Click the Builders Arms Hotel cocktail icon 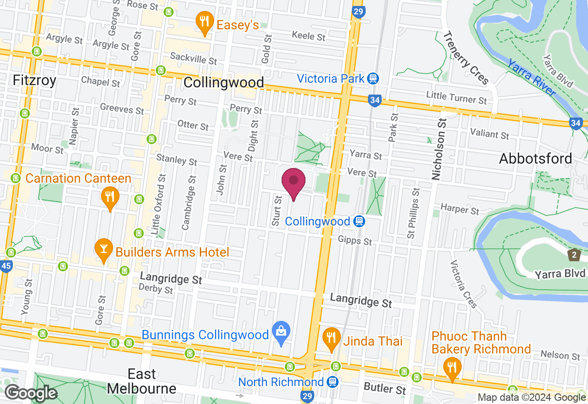103,249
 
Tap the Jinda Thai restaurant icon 331,338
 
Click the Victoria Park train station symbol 373,78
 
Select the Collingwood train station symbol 359,222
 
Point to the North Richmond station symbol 333,382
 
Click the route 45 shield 6,266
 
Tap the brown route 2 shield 574,254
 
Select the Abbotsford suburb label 536,159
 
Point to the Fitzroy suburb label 34,81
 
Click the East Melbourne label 141,381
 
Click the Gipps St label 355,240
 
